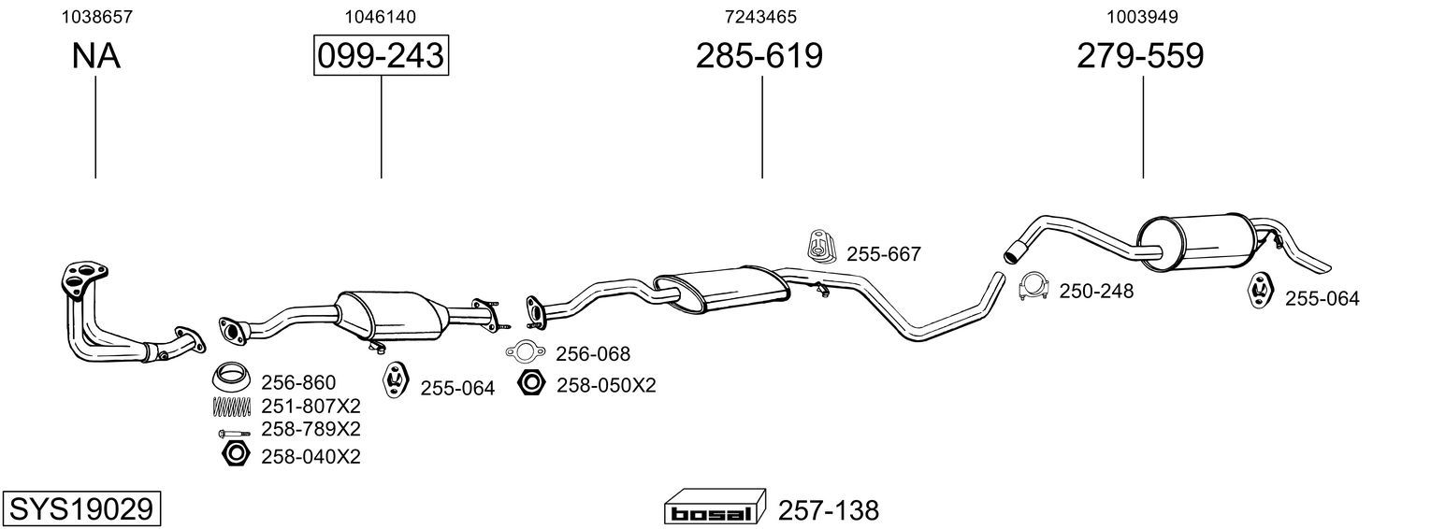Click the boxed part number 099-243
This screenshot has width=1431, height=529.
381,55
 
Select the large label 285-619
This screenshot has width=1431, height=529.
759,55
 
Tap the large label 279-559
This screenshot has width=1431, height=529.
1140,55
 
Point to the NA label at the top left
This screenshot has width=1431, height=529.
95,56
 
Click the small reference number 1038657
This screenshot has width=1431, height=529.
96,17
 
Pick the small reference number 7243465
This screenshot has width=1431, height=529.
760,17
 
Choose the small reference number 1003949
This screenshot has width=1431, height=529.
1142,17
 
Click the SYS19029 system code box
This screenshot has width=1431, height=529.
81,509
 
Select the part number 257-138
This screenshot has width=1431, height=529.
829,510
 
